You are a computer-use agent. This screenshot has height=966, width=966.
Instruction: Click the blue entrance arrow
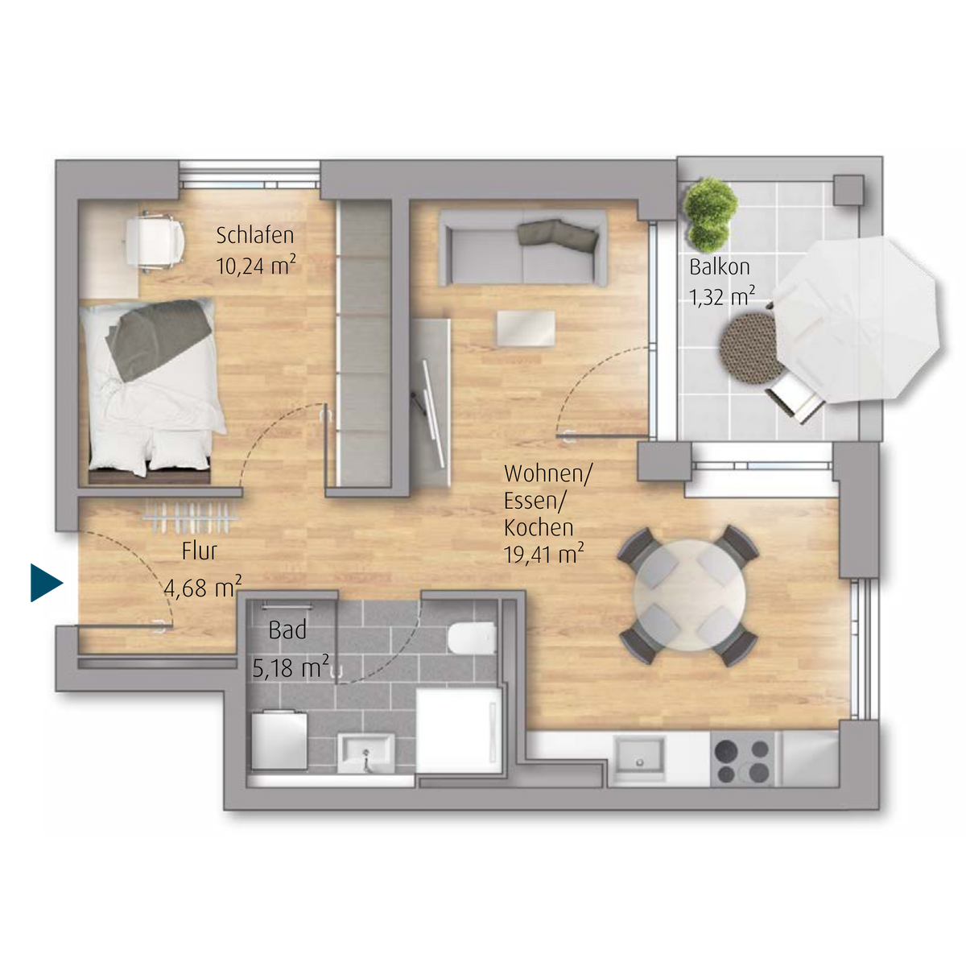(45, 583)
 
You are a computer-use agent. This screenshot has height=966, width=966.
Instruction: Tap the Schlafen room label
(254, 236)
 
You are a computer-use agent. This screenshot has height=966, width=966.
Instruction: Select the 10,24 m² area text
(256, 265)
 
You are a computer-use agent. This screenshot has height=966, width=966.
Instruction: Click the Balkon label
(720, 266)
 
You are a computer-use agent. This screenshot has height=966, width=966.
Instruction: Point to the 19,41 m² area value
(544, 554)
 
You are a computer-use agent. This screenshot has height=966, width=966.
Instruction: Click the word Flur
(199, 551)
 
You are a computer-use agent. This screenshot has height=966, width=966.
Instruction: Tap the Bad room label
(287, 630)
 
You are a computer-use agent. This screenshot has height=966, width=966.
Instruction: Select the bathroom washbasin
(365, 754)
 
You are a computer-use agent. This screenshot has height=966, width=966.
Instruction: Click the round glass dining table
(690, 595)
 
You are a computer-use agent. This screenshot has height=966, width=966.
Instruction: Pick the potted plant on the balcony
(710, 215)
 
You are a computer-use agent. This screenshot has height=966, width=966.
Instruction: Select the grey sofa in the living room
(522, 248)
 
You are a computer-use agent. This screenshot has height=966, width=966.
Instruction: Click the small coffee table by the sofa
(526, 328)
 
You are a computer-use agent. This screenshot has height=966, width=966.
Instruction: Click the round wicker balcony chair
(750, 349)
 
